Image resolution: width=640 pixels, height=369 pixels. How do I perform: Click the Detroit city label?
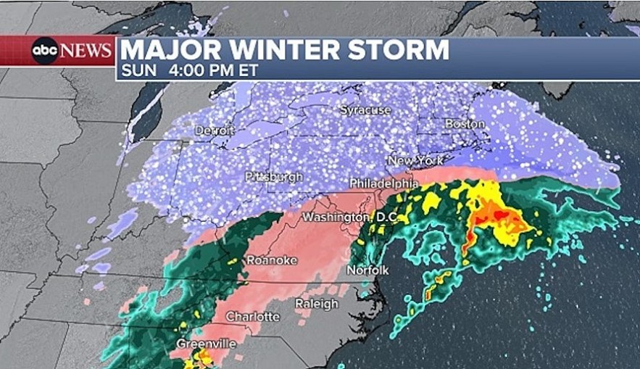click(x=214, y=130)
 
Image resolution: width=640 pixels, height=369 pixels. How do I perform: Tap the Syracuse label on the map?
click(x=366, y=110)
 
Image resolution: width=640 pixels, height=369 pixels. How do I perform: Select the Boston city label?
click(x=465, y=124)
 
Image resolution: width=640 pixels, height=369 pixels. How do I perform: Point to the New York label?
click(x=415, y=160)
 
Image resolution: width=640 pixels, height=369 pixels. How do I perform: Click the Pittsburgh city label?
click(x=273, y=177)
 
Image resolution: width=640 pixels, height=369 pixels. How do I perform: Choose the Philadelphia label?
click(x=384, y=183)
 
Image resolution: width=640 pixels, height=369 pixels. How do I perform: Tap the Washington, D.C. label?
click(x=347, y=217)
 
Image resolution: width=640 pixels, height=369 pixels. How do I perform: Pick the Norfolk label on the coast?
click(x=367, y=270)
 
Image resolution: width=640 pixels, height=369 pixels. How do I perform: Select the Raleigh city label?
click(x=316, y=304)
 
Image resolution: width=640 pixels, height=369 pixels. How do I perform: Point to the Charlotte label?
click(x=252, y=317)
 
